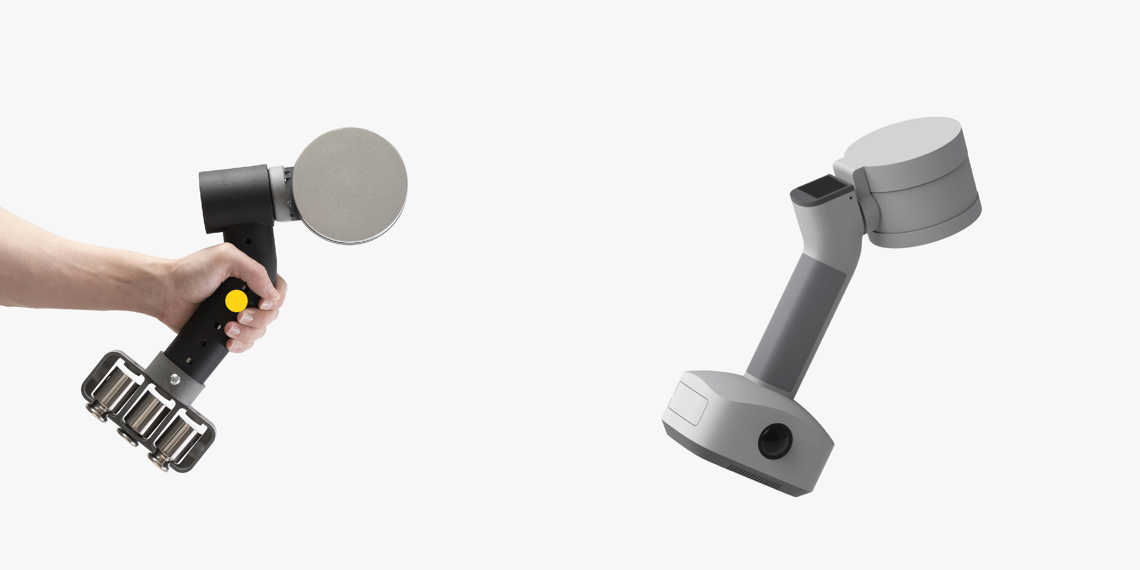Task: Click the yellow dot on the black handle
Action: pyautogui.click(x=236, y=301)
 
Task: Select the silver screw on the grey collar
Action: pyautogui.click(x=175, y=378)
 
